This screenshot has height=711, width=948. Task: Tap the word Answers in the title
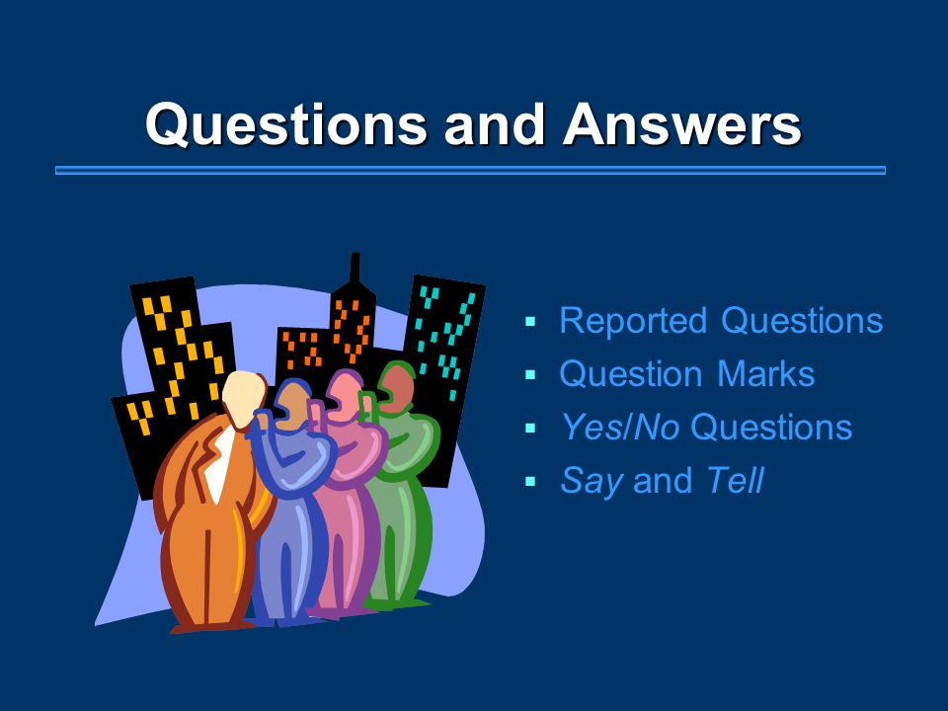(682, 124)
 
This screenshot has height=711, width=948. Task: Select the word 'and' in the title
(495, 124)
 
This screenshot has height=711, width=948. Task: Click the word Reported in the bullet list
(633, 320)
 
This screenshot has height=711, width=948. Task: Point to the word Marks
(765, 373)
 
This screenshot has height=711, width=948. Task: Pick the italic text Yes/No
(620, 428)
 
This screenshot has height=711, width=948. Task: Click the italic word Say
(592, 482)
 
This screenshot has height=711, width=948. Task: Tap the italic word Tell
(735, 481)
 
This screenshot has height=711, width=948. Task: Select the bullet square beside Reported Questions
(530, 321)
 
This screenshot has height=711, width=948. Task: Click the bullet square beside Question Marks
(530, 375)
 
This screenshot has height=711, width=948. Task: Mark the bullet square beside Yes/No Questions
(530, 428)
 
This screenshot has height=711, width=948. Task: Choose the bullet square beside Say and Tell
(530, 482)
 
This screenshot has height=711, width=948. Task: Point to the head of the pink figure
(344, 395)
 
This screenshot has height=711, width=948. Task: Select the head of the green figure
(396, 387)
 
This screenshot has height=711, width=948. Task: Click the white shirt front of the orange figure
(219, 462)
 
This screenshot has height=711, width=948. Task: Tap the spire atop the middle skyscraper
(355, 268)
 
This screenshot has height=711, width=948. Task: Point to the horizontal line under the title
(470, 171)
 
